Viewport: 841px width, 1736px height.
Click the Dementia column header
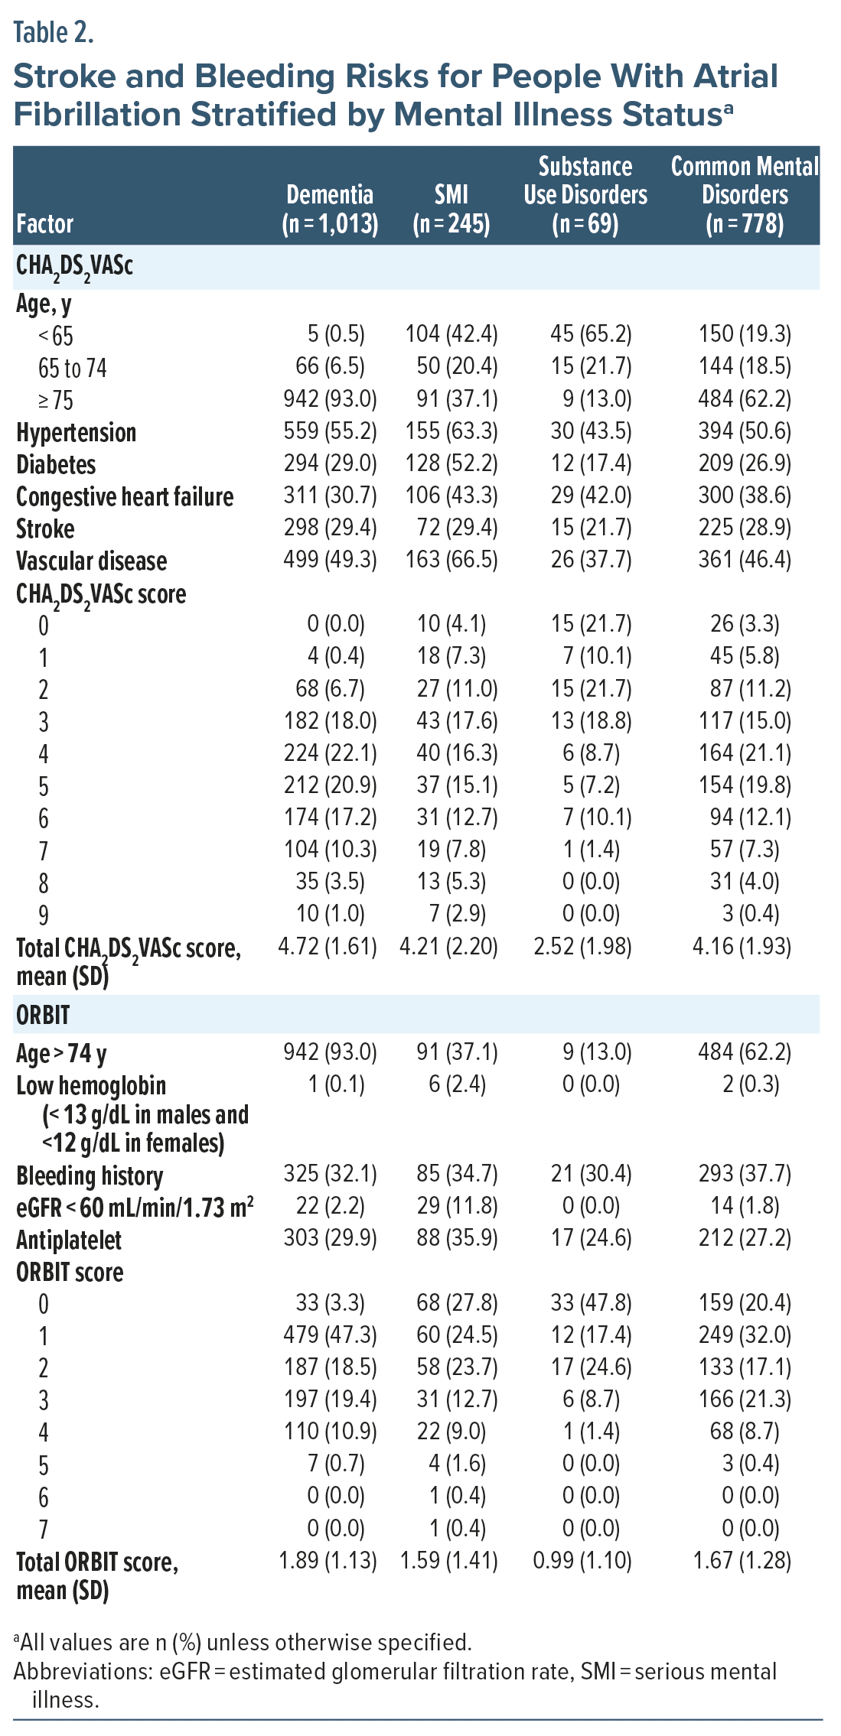pos(330,208)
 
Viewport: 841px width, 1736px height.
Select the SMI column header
pos(451,208)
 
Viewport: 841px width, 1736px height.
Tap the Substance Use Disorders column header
pos(585,194)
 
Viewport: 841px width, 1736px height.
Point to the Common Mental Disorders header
pos(745,194)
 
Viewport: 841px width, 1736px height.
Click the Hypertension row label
pos(77,433)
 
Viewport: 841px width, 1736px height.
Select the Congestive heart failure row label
pos(125,497)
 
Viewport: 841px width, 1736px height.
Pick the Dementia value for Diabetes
pos(330,463)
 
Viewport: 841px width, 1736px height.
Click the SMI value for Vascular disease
pos(451,560)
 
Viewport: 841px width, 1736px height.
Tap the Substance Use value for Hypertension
pos(591,431)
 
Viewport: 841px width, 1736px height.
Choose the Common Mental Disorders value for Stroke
pos(745,528)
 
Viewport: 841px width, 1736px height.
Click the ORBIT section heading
pos(43,1015)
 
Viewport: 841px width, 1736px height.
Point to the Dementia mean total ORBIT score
pos(328,1560)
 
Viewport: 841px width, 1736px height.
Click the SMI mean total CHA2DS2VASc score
pos(448,947)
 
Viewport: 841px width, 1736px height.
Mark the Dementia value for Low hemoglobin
pos(336,1084)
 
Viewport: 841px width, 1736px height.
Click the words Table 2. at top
pos(54,33)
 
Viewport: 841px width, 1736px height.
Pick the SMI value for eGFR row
pos(457,1206)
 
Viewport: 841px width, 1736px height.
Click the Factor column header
pos(44,224)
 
